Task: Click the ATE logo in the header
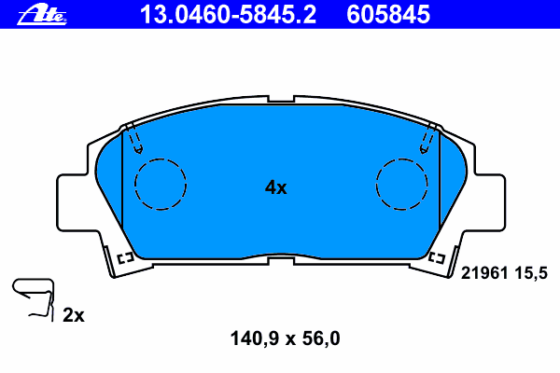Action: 42,15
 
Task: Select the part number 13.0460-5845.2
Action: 228,15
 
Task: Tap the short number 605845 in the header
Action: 388,15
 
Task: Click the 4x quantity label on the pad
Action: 275,187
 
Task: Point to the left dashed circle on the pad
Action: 161,159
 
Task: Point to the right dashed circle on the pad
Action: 401,159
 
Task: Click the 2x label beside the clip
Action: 74,315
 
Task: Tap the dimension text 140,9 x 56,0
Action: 285,338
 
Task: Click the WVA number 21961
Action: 484,273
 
